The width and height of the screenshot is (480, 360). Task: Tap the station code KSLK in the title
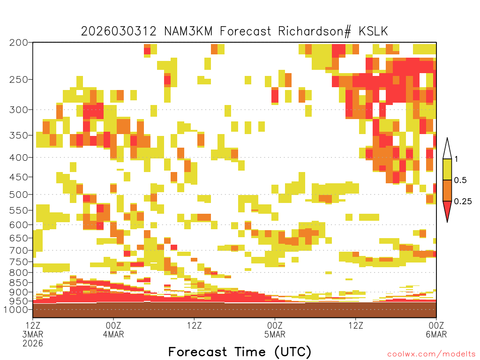point(373,31)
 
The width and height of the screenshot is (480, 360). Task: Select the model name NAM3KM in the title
point(188,31)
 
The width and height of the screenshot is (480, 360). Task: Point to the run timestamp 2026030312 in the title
point(119,31)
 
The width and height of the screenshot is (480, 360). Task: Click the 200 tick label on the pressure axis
point(19,43)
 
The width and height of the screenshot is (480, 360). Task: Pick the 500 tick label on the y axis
point(19,195)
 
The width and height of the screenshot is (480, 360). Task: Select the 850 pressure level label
point(19,282)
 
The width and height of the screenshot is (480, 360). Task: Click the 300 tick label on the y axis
point(19,109)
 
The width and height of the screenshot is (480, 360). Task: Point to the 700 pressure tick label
point(19,250)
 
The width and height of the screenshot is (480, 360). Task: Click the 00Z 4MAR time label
point(113,330)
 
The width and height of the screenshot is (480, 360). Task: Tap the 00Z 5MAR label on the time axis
point(275,330)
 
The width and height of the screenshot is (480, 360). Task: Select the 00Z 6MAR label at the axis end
point(436,330)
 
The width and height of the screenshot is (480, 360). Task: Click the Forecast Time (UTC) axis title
point(240,352)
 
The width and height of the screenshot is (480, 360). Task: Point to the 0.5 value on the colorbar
point(460,180)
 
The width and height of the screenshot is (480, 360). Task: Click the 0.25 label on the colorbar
point(463,201)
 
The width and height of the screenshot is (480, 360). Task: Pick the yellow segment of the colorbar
point(447,169)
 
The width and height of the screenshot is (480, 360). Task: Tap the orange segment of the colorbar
point(447,190)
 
